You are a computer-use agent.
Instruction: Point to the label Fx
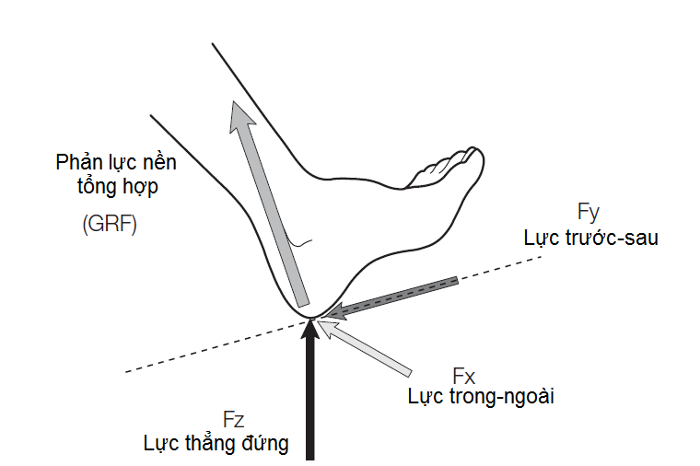pyautogui.click(x=464, y=376)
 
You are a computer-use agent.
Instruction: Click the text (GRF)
pyautogui.click(x=110, y=225)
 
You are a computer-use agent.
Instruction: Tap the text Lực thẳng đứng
pyautogui.click(x=216, y=444)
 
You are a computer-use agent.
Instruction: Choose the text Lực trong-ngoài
pyautogui.click(x=482, y=397)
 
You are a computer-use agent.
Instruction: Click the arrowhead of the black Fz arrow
pyautogui.click(x=309, y=332)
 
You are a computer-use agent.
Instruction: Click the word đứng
pyautogui.click(x=267, y=444)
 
